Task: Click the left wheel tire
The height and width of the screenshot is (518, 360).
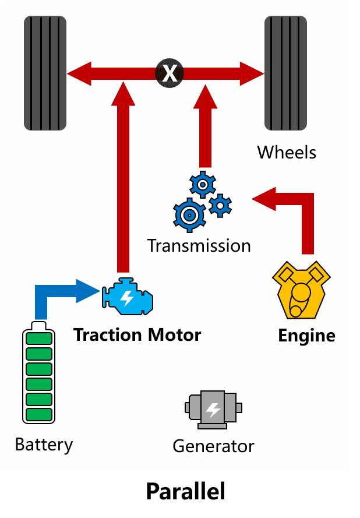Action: (45, 73)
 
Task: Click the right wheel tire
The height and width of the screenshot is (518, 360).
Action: (285, 73)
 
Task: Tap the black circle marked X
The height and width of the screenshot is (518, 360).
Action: (170, 73)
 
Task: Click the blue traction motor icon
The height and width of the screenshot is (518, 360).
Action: (128, 297)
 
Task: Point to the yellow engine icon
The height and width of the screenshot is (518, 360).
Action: (301, 290)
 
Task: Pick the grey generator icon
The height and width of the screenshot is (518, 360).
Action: (213, 410)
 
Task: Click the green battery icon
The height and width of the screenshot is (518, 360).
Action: (38, 372)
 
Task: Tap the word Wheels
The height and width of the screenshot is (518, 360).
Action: (287, 152)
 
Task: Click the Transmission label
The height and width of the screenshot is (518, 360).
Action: (199, 246)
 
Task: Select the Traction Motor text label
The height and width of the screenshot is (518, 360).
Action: (137, 334)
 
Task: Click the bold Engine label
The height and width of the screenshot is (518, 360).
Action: (307, 336)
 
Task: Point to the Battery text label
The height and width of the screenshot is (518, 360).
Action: (44, 445)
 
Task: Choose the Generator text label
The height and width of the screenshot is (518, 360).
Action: (213, 446)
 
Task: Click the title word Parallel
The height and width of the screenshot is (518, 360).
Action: (186, 491)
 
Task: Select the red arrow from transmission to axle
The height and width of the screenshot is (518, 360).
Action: (205, 126)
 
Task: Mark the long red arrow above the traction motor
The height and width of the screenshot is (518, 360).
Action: (123, 177)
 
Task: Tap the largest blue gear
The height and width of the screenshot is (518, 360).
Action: (189, 215)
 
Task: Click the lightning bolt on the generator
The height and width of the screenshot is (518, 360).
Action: (213, 410)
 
